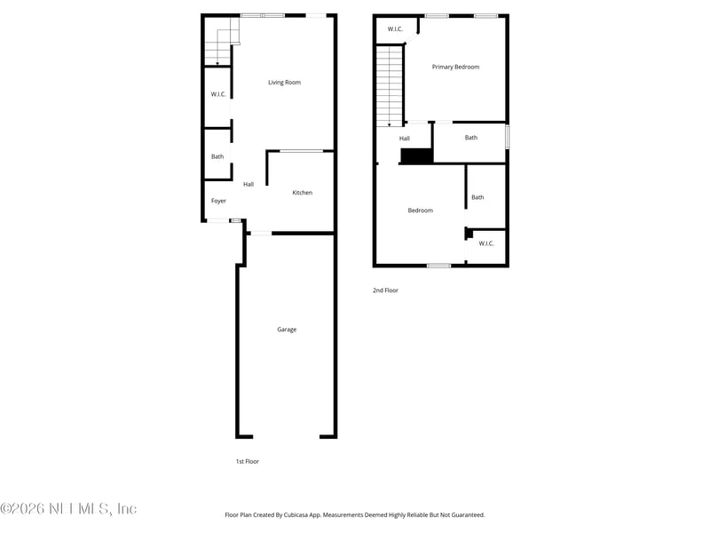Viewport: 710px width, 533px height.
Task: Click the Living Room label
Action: pos(285,83)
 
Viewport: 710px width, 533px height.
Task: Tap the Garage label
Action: pos(287,330)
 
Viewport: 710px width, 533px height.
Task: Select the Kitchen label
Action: pos(303,193)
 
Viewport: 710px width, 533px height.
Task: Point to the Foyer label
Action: pos(218,201)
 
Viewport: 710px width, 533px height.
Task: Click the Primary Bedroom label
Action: pos(455,67)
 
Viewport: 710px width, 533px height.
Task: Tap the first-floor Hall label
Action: pos(248,184)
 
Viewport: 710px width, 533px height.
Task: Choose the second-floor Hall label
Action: pos(405,139)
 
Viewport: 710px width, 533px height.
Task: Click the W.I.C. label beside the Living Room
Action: pos(218,94)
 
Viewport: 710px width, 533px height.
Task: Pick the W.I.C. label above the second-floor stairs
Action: pos(395,29)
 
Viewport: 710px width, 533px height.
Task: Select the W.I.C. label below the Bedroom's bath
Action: pos(486,243)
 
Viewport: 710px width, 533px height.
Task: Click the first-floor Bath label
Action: pos(217,157)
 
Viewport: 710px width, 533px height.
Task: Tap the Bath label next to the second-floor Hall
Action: pos(471,138)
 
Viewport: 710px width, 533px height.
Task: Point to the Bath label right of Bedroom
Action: pos(477,197)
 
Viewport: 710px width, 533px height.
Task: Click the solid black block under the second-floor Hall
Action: pos(416,156)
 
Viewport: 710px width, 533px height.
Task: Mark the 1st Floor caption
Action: pos(248,461)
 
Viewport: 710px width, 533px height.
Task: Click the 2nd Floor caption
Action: pos(386,290)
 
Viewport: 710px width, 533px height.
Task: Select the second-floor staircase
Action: pos(389,85)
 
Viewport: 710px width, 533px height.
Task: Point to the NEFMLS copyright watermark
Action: pos(68,509)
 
